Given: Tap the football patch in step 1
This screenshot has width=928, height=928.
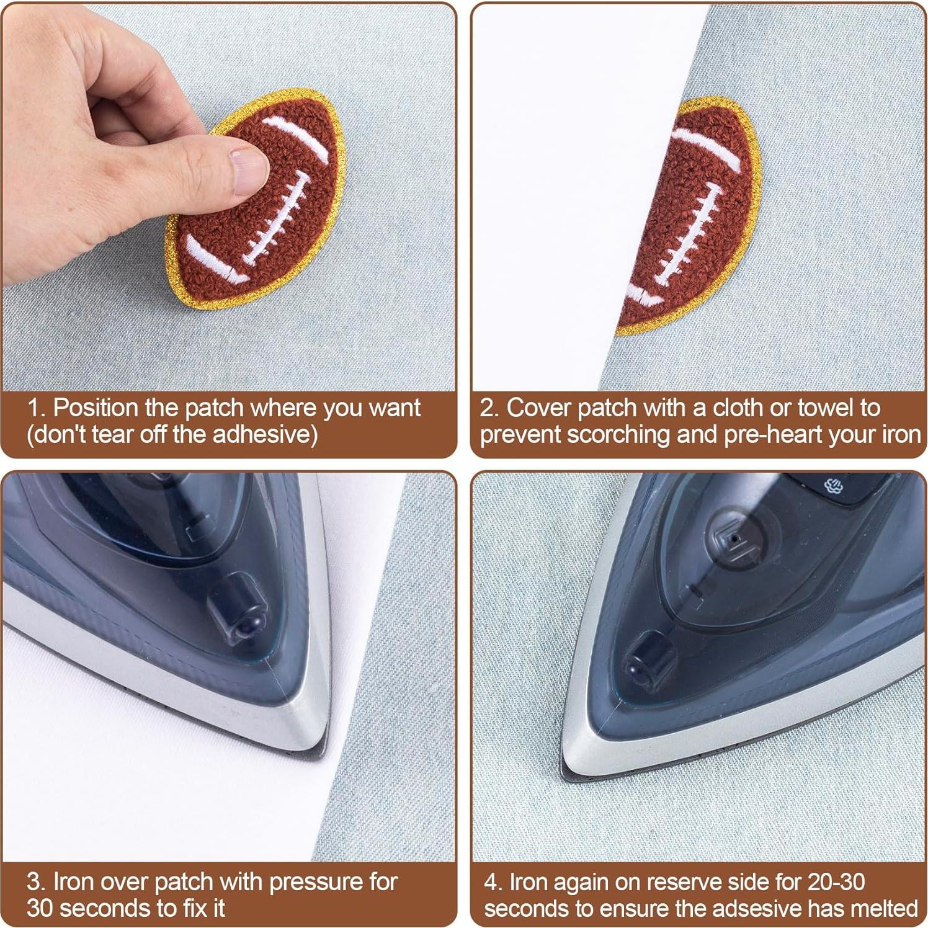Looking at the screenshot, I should pos(261,205).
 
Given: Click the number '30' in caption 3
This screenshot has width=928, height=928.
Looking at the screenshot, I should pos(40,908).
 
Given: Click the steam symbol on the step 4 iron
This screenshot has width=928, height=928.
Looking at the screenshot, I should pos(834,486).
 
